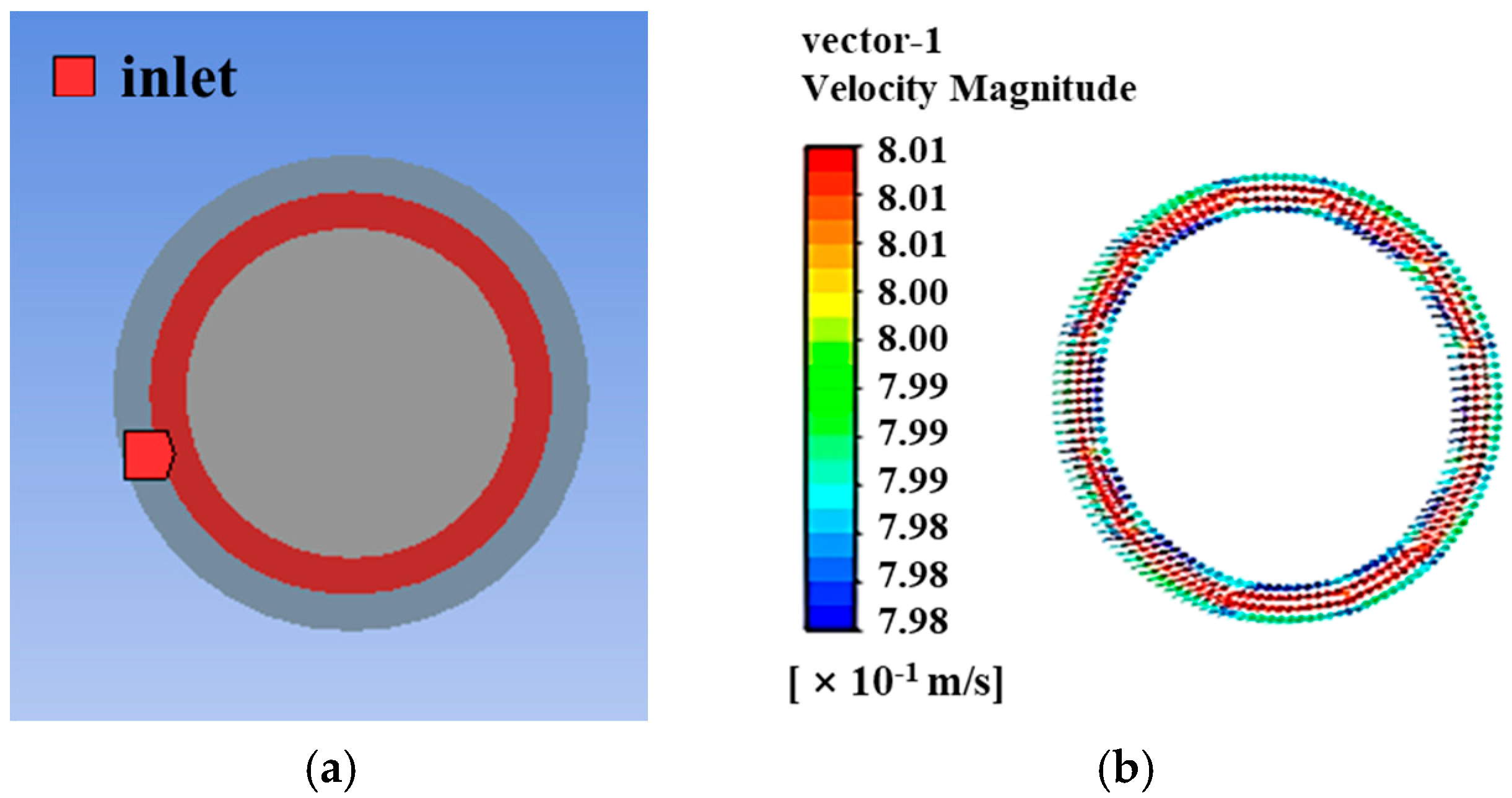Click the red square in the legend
[x=74, y=77]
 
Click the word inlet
[x=178, y=78]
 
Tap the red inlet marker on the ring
[x=147, y=455]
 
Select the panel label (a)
[x=331, y=768]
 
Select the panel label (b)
[x=1125, y=768]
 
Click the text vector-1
[x=872, y=42]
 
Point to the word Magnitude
[x=1043, y=89]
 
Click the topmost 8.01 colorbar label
[x=912, y=150]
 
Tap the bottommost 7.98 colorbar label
[x=912, y=621]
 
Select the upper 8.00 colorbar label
[x=912, y=292]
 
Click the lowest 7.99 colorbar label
[x=912, y=480]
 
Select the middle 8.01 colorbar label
[x=912, y=197]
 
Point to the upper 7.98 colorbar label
[x=912, y=527]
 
